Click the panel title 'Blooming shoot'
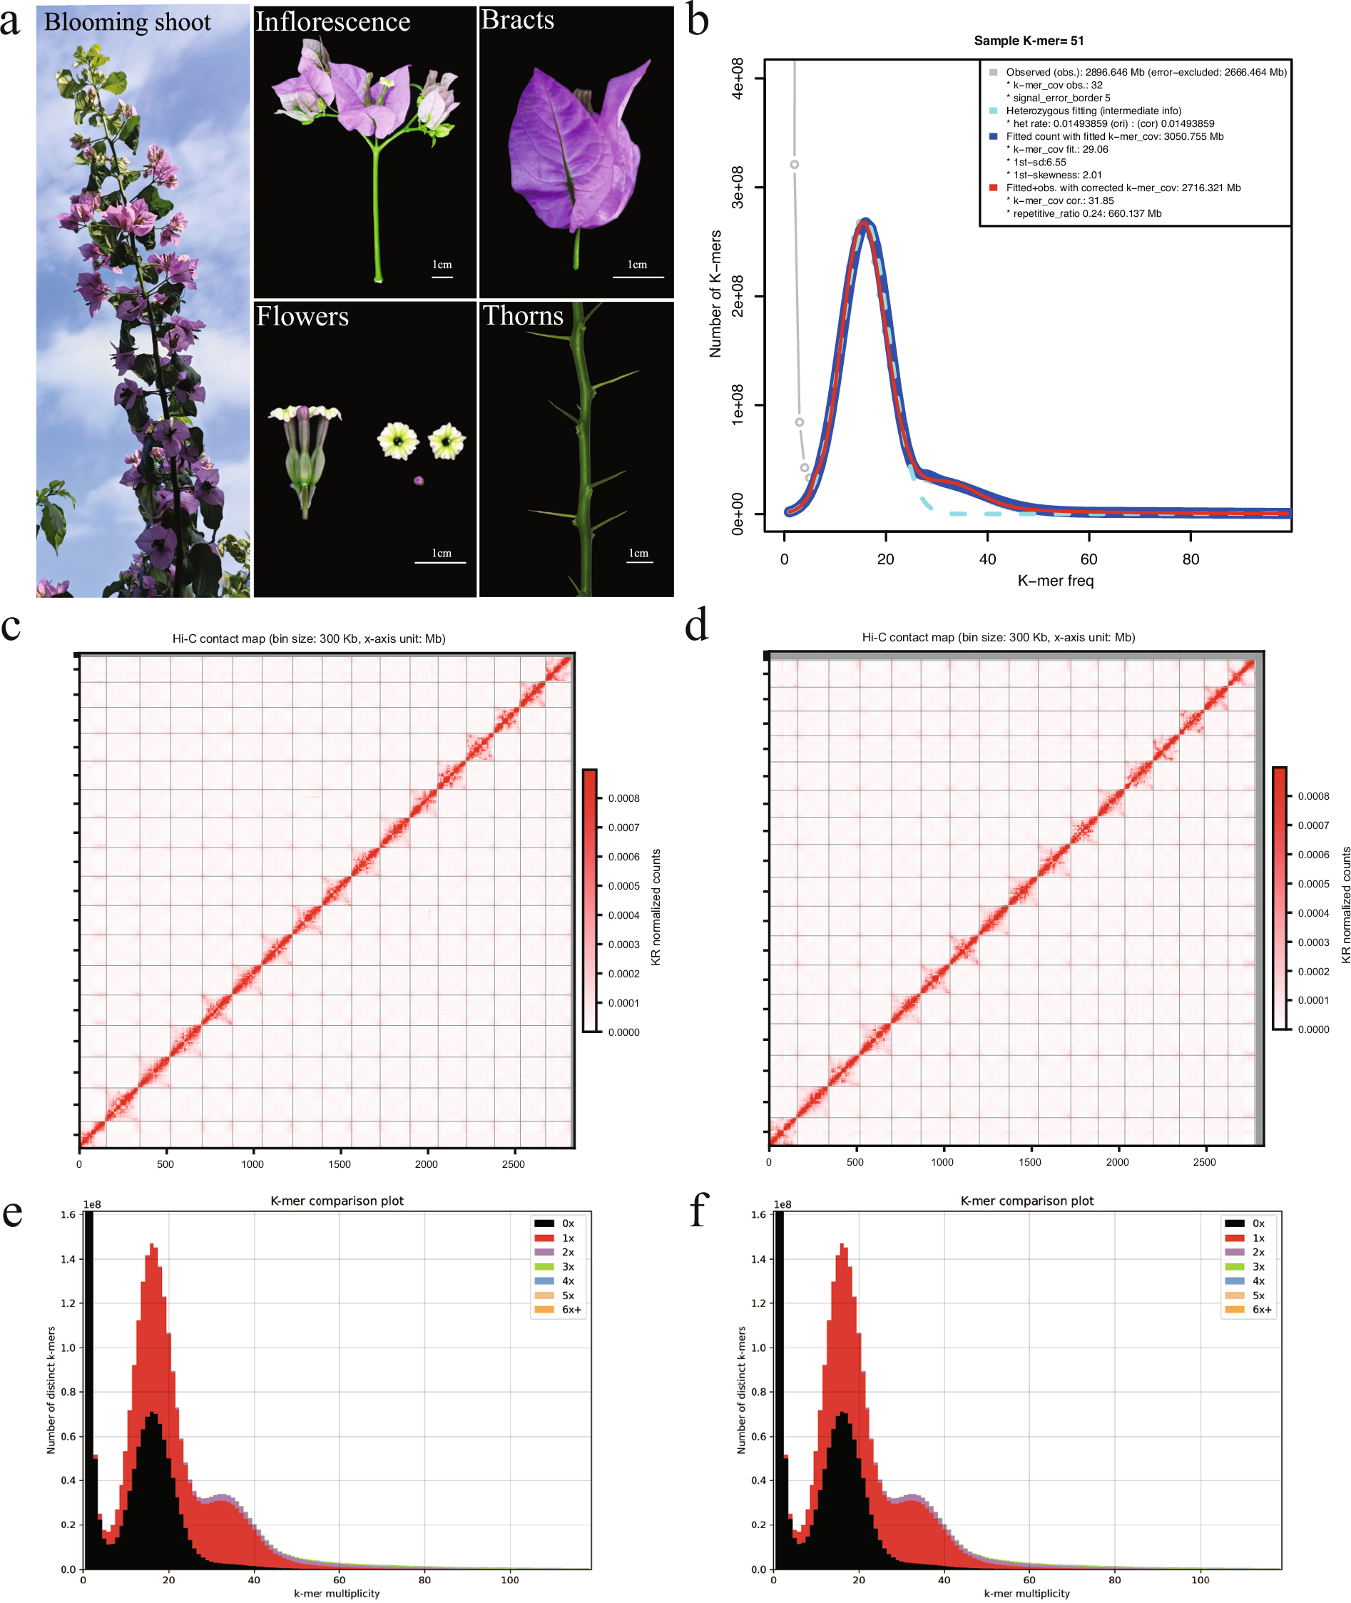[x=127, y=21]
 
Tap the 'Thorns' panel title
[x=523, y=315]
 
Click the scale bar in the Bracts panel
[x=638, y=277]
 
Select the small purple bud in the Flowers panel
[x=418, y=481]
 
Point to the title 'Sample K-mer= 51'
[x=1029, y=41]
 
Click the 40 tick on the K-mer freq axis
[x=987, y=559]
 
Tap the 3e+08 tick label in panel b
[x=737, y=187]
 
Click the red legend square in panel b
[x=994, y=188]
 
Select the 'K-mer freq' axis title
[x=1056, y=581]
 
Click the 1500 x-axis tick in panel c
[x=340, y=1164]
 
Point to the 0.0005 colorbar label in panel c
[x=623, y=886]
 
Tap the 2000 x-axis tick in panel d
[x=1118, y=1162]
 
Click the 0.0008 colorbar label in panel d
[x=1313, y=795]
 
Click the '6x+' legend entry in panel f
[x=1261, y=1310]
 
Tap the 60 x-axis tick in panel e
[x=340, y=1579]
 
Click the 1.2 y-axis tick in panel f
[x=758, y=1303]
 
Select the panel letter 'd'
[x=696, y=626]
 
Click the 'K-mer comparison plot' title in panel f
[x=1026, y=1201]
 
